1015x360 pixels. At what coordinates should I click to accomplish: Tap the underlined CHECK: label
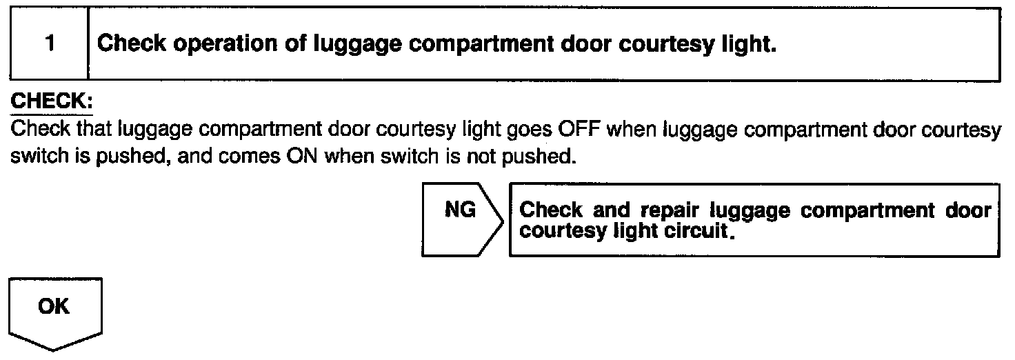(51, 101)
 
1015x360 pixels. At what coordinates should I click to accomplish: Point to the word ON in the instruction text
(301, 157)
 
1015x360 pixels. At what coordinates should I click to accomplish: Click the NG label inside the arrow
(461, 210)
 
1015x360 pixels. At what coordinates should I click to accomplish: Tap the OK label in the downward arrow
(54, 306)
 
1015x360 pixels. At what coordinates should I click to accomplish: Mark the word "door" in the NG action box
(967, 210)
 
